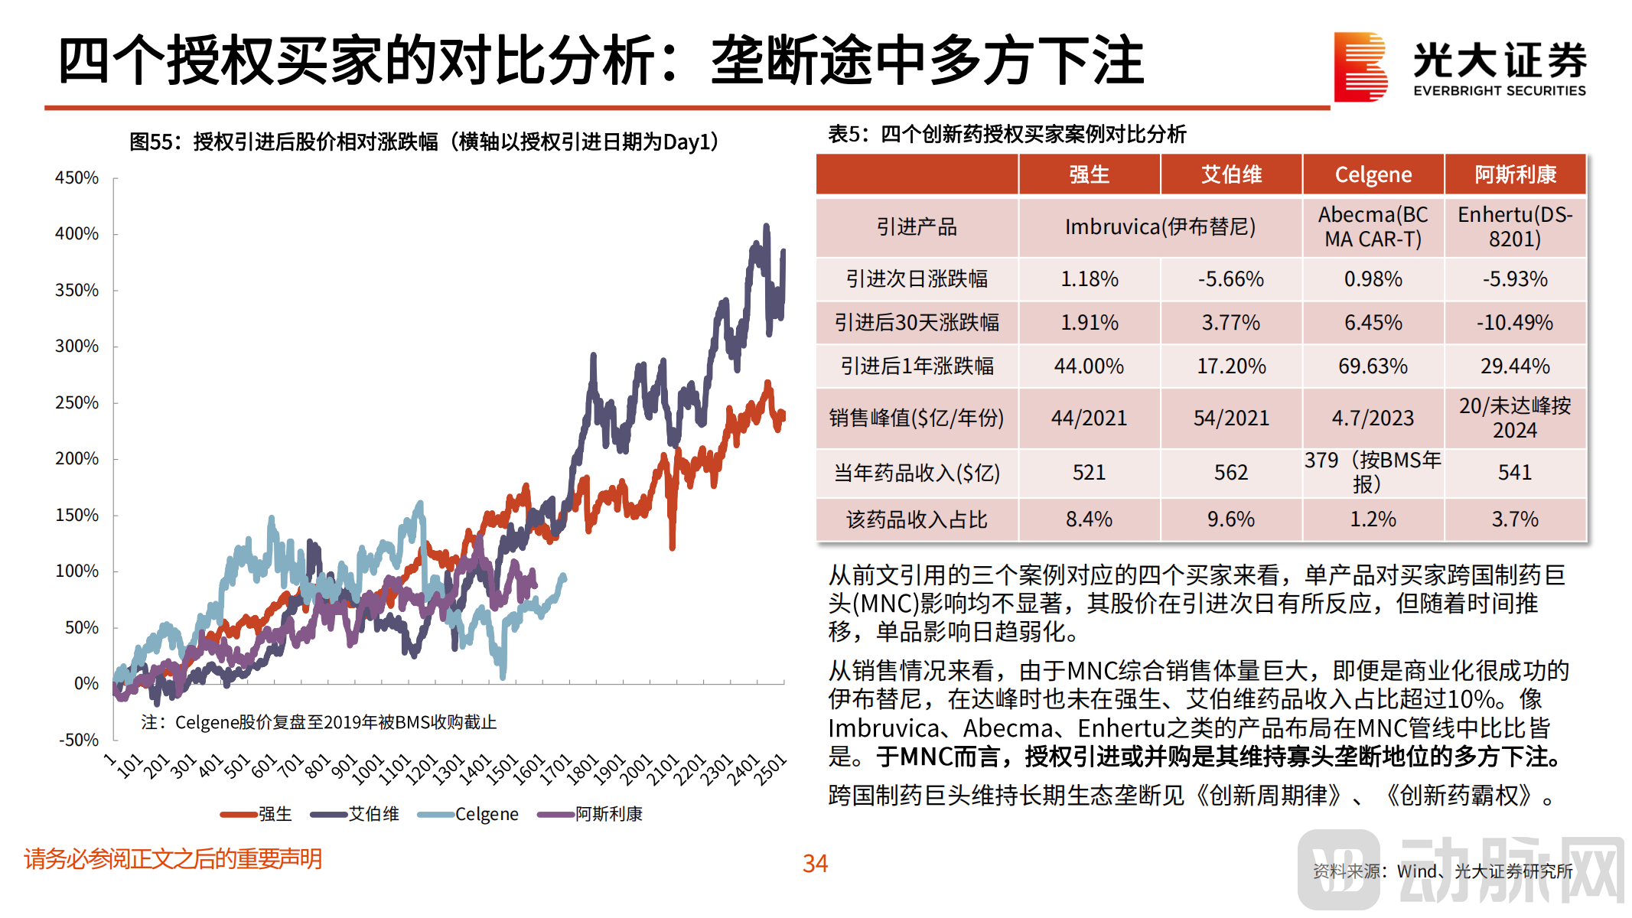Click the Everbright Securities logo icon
click(1360, 67)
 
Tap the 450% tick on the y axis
click(77, 177)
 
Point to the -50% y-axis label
click(78, 740)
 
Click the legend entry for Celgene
click(468, 814)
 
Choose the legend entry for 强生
click(256, 814)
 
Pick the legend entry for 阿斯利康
click(590, 814)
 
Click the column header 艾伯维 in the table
click(1230, 174)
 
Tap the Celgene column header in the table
click(1373, 174)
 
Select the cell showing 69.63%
click(1373, 366)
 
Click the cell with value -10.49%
click(1514, 323)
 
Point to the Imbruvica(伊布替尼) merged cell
click(1160, 226)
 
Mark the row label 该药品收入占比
click(917, 519)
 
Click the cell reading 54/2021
click(1230, 418)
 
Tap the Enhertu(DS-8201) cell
click(1514, 226)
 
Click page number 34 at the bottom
click(815, 864)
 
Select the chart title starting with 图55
click(425, 142)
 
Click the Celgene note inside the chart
click(319, 722)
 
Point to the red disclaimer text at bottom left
click(173, 859)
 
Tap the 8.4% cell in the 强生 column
click(1089, 519)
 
